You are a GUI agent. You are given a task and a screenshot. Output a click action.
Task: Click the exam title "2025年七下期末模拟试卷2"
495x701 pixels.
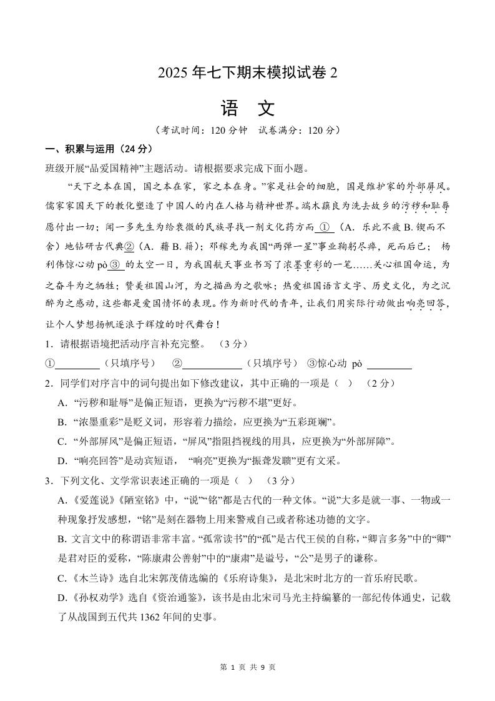pos(247,72)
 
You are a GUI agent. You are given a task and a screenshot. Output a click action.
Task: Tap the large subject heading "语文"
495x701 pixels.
pos(247,109)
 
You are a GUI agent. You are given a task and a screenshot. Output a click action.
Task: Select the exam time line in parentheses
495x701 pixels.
pos(247,131)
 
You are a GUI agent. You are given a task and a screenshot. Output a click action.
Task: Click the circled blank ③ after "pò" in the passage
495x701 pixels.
pos(116,264)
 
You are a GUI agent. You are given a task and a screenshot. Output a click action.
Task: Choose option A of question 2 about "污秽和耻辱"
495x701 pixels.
pos(178,402)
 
